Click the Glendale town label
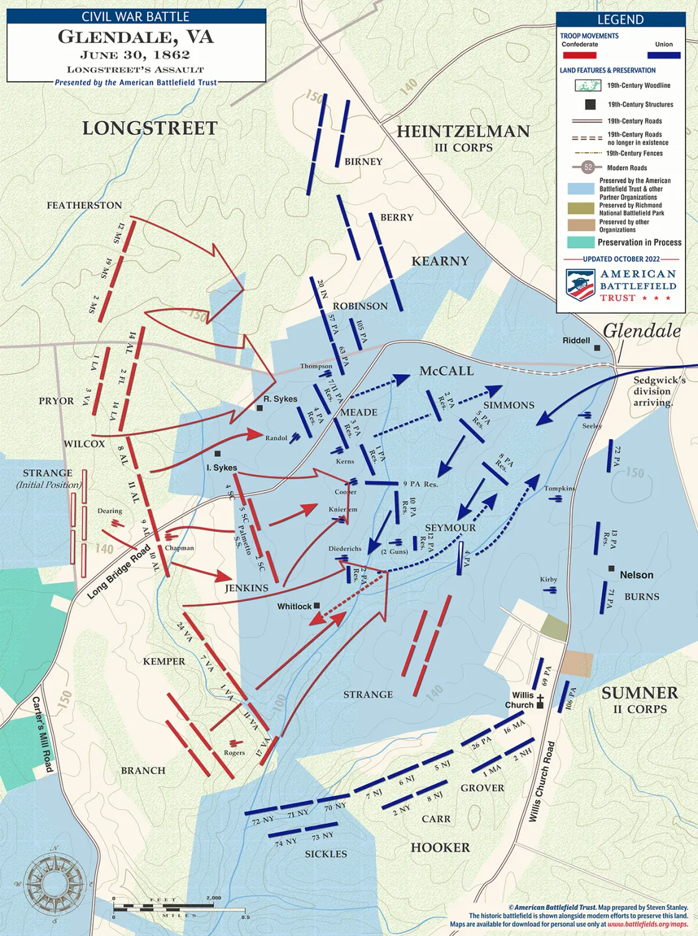641,331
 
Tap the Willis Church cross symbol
540,702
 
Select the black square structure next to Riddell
597,348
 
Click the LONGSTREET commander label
150,128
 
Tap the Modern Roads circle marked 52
588,167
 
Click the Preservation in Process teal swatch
580,242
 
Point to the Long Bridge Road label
119,571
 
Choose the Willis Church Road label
542,781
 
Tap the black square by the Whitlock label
317,606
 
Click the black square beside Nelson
611,569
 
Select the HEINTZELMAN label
463,131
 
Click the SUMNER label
639,693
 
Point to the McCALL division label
446,371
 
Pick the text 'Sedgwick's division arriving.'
659,391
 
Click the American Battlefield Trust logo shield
579,285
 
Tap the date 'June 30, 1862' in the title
135,54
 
